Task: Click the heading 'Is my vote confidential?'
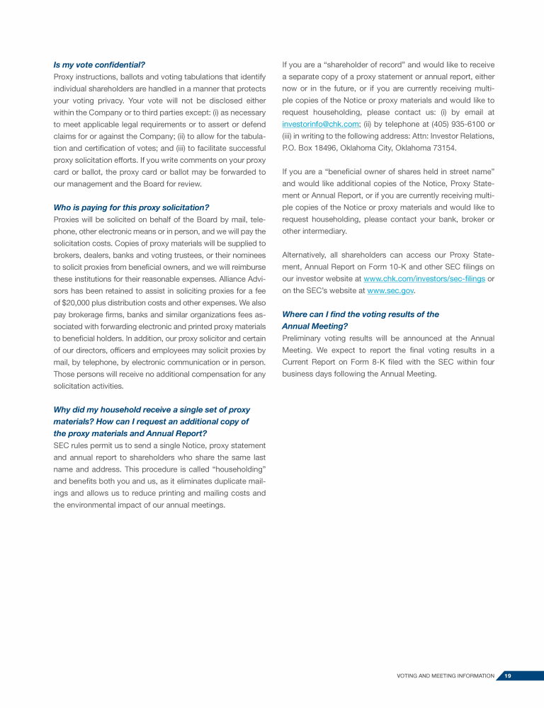click(99, 64)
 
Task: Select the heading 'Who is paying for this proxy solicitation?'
click(131, 207)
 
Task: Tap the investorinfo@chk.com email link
click(320, 124)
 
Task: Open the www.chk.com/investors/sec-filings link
click(424, 278)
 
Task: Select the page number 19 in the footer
click(508, 676)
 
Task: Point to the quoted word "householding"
click(234, 469)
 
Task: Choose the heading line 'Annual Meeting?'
click(314, 326)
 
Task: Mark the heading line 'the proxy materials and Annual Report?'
click(130, 433)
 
